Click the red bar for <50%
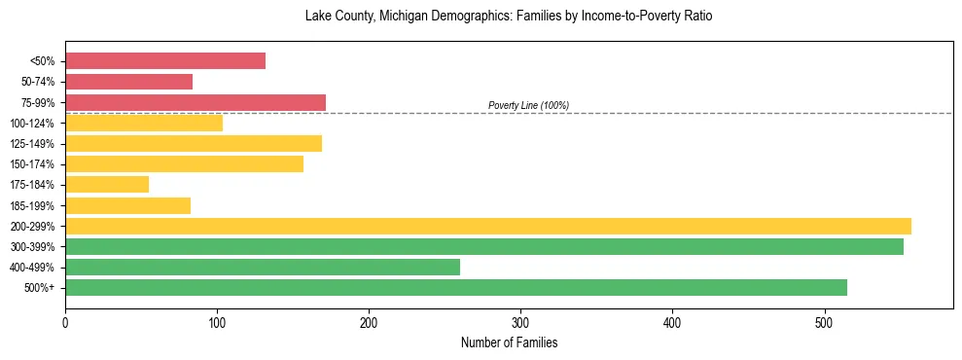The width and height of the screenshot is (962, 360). click(165, 61)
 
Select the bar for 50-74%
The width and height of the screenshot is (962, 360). click(128, 82)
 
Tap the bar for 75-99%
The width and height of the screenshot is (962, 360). click(196, 102)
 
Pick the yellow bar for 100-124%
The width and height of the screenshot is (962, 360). click(144, 123)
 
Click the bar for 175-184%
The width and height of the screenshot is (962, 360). click(107, 185)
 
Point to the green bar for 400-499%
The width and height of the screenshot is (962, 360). click(263, 267)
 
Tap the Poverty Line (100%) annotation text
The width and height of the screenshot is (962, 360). click(528, 106)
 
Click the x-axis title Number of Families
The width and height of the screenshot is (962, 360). click(509, 342)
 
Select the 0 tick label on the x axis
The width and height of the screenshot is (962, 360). click(65, 322)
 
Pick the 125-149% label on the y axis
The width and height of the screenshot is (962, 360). click(32, 144)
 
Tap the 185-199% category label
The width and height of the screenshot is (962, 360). click(32, 205)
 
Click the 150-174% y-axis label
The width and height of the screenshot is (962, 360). click(32, 164)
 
